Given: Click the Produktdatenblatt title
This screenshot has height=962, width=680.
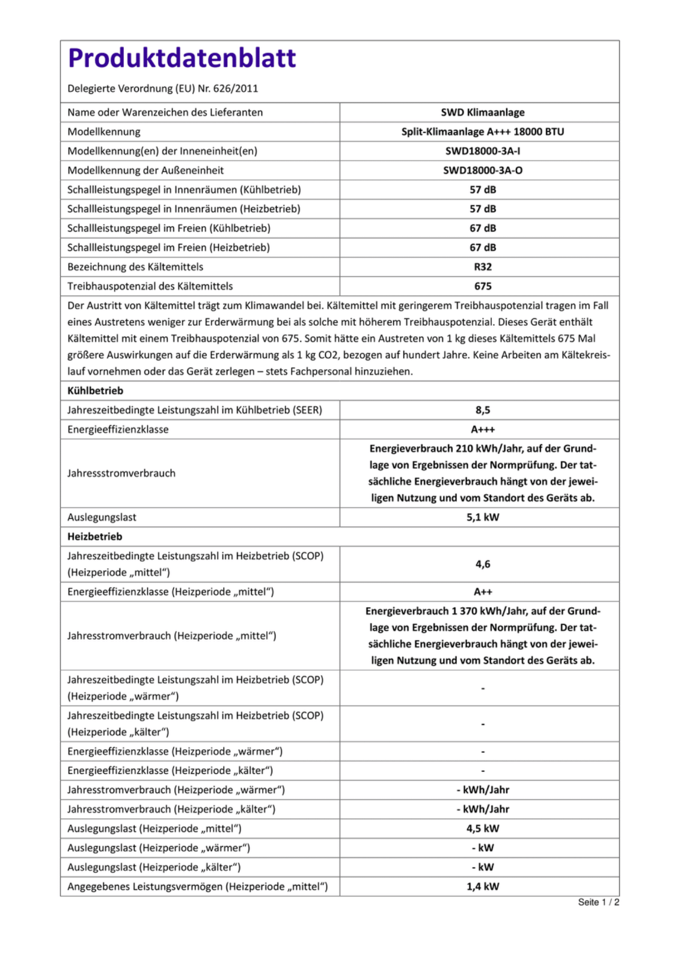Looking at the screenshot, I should (182, 58).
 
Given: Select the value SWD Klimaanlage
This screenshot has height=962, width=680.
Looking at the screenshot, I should (482, 112).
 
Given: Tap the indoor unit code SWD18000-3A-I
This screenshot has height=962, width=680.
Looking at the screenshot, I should (482, 151).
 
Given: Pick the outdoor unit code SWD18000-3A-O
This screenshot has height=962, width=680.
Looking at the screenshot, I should (482, 170).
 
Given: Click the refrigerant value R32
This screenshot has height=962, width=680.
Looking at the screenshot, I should (482, 267).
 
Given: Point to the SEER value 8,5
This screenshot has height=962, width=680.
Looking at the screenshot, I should (482, 410).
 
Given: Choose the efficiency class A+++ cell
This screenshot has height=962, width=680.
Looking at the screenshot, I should (482, 429).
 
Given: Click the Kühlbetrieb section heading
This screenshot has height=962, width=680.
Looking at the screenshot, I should (95, 391).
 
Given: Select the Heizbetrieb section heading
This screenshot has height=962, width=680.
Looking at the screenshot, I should (94, 536).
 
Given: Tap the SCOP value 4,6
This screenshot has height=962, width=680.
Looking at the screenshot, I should (482, 564).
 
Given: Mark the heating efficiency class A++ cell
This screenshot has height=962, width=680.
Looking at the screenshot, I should (482, 592).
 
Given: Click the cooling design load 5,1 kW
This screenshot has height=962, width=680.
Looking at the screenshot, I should (482, 517).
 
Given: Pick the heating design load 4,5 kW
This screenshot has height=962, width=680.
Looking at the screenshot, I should (482, 829).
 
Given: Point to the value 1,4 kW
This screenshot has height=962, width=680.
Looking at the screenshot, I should (482, 886).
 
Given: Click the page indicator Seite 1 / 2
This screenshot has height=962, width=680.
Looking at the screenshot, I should (598, 902).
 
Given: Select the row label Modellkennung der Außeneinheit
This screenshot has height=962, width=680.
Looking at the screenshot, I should (145, 170).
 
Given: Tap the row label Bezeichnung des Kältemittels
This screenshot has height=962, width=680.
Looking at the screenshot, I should (135, 267).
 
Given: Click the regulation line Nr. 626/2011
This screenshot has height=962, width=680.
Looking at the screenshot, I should (162, 88).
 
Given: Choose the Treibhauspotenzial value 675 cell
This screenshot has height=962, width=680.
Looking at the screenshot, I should (482, 286).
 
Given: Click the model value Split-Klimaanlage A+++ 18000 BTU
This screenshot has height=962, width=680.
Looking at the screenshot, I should (482, 132).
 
